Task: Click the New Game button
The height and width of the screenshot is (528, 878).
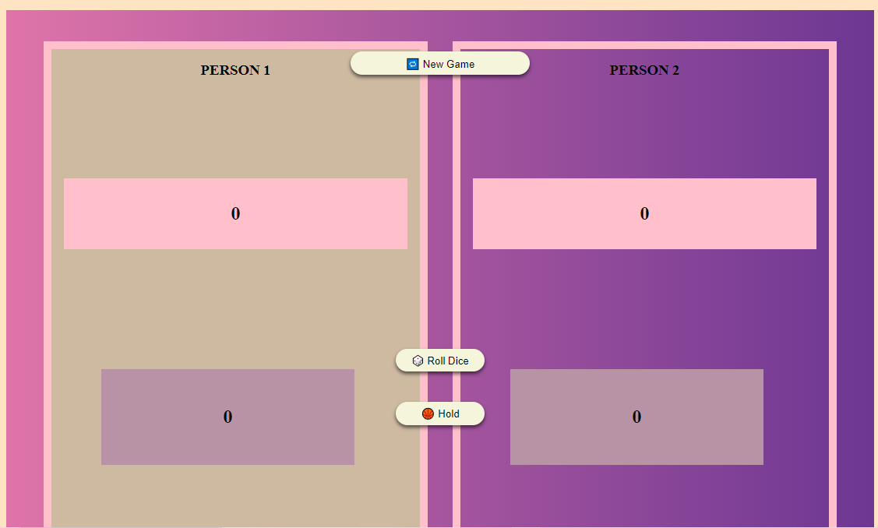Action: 440,64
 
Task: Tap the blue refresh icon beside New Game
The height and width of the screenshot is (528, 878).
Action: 413,64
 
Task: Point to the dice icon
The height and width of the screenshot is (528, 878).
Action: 418,361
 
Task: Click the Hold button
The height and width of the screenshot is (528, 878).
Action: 440,414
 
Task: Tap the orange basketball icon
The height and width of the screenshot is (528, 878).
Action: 428,414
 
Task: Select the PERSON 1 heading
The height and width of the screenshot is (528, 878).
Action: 235,70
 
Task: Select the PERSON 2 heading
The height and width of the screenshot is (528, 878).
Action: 644,70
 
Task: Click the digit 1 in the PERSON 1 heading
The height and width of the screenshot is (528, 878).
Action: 266,70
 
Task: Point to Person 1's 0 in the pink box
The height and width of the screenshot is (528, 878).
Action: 235,214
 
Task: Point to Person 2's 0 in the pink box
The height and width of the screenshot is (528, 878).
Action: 644,214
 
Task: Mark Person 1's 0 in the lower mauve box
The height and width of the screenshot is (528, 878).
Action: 227,417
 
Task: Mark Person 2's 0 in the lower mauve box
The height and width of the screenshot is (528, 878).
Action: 636,417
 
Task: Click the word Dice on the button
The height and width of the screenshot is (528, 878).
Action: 458,361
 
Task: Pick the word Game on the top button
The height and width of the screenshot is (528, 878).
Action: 460,64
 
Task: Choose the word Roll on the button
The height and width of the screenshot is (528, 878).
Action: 436,361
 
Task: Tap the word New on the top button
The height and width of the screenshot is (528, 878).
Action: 432,64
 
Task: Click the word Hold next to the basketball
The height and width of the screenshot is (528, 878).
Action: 449,414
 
